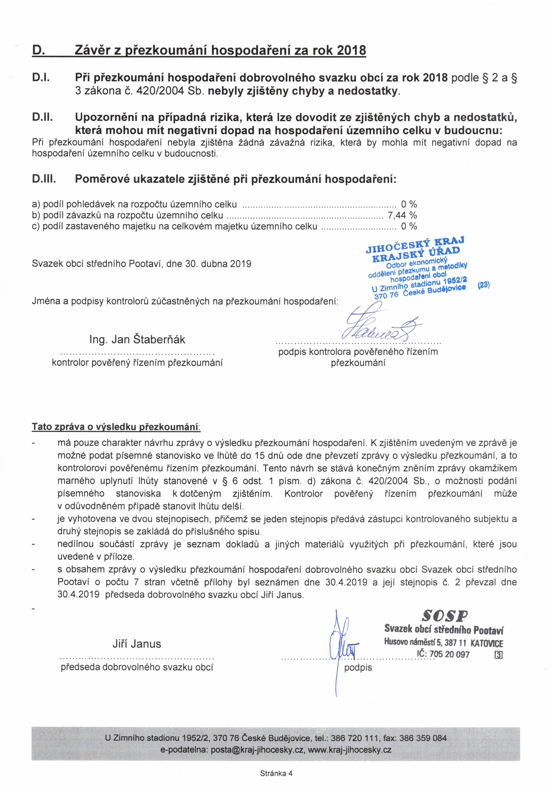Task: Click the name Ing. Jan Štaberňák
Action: [x=137, y=339]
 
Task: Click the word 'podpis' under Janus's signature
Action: [x=358, y=667]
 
